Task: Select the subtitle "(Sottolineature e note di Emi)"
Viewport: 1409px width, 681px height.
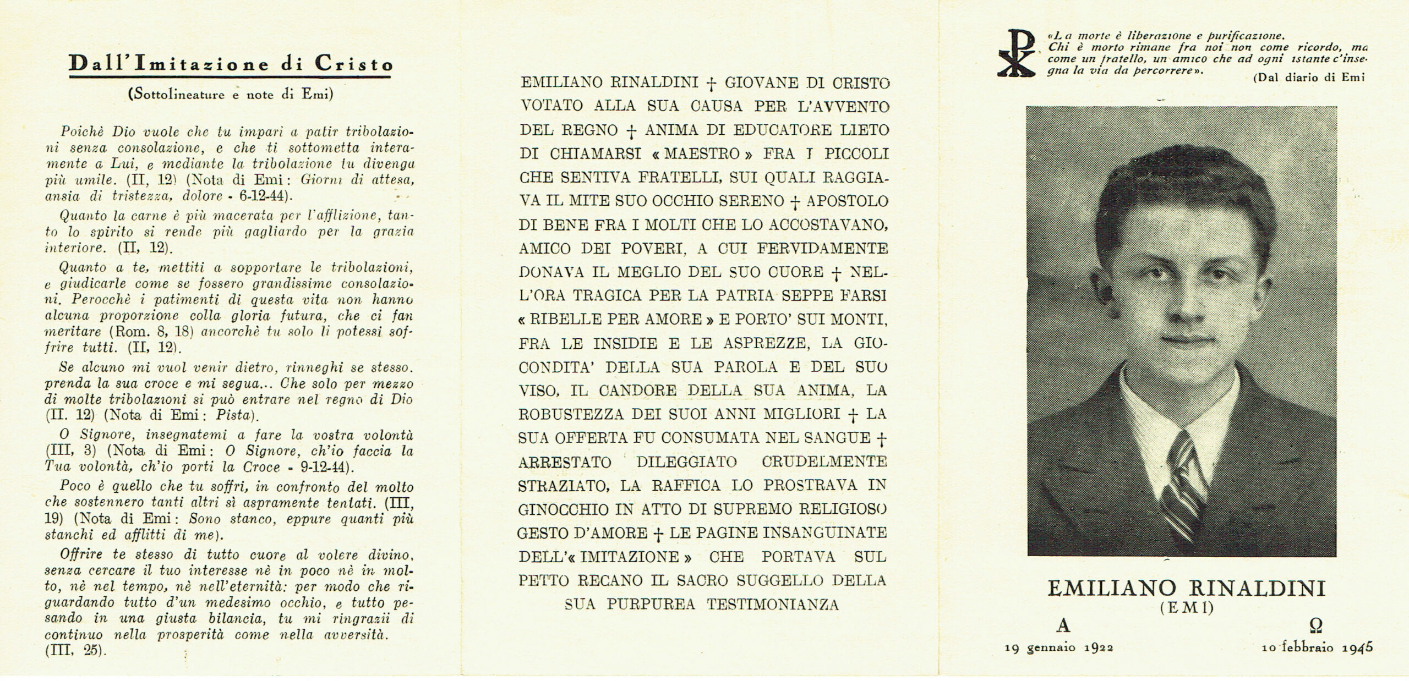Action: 231,94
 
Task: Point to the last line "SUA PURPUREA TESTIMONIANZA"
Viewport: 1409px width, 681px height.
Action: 701,605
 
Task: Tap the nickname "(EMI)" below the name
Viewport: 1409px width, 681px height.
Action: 1186,608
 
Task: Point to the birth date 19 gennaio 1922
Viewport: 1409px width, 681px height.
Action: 1058,647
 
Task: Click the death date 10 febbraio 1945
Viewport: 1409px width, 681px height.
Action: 1317,647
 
